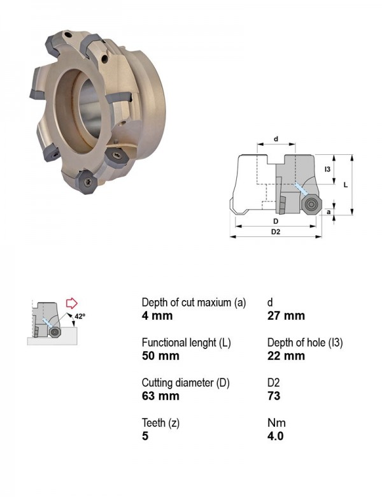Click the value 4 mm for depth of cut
[x=157, y=315]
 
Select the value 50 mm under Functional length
[x=160, y=356]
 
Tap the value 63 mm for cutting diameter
[x=160, y=396]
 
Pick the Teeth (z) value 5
[x=145, y=436]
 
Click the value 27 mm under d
[x=286, y=315]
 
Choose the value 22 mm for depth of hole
[x=286, y=356]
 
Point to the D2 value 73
[x=274, y=396]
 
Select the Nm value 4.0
[x=275, y=436]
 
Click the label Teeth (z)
[x=160, y=423]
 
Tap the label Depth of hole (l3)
[x=305, y=343]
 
